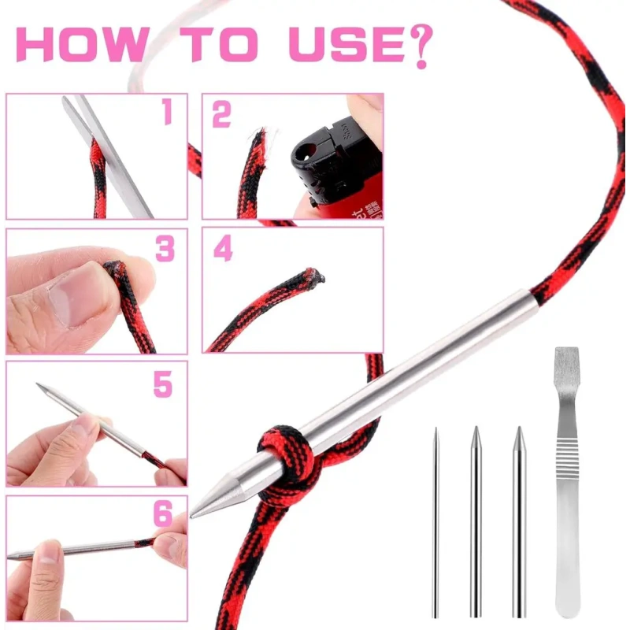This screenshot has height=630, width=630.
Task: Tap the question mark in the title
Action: pos(421,46)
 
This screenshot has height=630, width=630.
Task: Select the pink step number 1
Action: pos(167,111)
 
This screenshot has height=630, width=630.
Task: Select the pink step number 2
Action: pos(221,113)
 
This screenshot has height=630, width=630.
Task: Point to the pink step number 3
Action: pos(165,248)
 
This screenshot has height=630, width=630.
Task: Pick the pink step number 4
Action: pos(223,248)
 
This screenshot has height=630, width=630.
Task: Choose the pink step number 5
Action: pos(163,384)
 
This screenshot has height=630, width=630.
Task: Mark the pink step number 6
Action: pos(163,513)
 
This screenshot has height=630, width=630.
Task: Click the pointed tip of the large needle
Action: pos(191,517)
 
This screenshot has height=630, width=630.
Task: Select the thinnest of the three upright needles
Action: pos(435,522)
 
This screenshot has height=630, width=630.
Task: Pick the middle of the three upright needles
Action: pos(476,521)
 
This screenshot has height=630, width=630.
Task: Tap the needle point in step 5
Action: pos(38,384)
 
